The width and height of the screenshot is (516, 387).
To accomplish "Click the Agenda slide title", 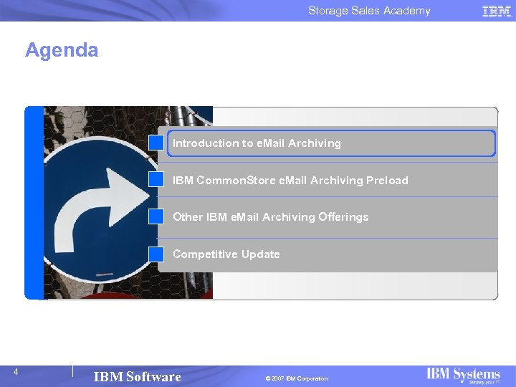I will (62, 50).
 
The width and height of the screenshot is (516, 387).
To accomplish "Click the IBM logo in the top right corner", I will (497, 11).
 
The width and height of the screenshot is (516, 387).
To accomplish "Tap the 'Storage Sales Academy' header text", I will (369, 11).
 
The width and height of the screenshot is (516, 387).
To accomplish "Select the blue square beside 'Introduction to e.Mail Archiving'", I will (156, 143).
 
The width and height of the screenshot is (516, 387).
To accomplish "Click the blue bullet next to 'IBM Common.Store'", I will (156, 179).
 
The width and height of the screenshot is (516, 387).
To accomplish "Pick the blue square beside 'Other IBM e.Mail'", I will (156, 216).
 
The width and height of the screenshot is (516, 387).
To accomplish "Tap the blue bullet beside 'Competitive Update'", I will (156, 254).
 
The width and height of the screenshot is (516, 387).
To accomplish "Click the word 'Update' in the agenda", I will (261, 254).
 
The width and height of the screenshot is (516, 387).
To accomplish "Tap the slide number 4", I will (15, 372).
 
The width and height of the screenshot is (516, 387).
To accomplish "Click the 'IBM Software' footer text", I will (137, 377).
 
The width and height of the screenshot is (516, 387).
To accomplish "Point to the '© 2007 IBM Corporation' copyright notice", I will (296, 378).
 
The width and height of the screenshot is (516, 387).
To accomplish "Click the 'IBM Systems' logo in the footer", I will (463, 376).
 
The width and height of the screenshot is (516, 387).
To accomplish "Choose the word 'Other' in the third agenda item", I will (188, 217).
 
